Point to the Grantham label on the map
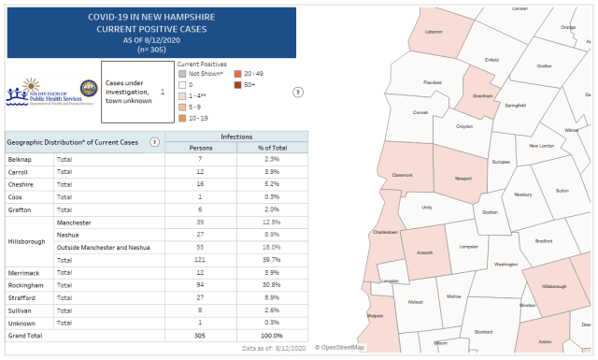click(483, 95)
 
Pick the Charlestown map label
click(385, 232)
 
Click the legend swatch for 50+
click(238, 85)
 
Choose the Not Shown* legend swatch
click(182, 73)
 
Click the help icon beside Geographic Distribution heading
click(154, 141)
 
